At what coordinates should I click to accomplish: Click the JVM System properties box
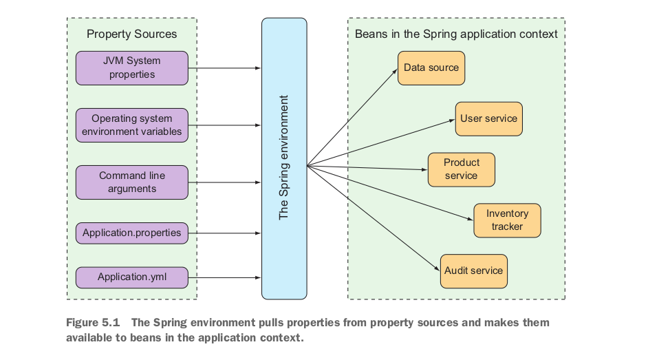point(131,67)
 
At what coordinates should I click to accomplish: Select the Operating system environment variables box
point(131,125)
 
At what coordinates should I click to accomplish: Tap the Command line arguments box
point(131,182)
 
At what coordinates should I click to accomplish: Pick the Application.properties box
point(131,233)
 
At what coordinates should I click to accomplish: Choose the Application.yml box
point(131,277)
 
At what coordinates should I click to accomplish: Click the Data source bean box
point(431,67)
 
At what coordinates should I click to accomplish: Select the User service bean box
point(488,118)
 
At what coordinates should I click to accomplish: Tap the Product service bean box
point(461,169)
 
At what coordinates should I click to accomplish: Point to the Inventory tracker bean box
point(507,220)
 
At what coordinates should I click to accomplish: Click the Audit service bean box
point(473,271)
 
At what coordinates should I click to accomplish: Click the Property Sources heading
point(131,34)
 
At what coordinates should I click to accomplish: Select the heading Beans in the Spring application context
point(456,34)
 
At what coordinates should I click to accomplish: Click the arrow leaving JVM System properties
point(224,68)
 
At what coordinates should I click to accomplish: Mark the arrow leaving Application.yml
point(224,278)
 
